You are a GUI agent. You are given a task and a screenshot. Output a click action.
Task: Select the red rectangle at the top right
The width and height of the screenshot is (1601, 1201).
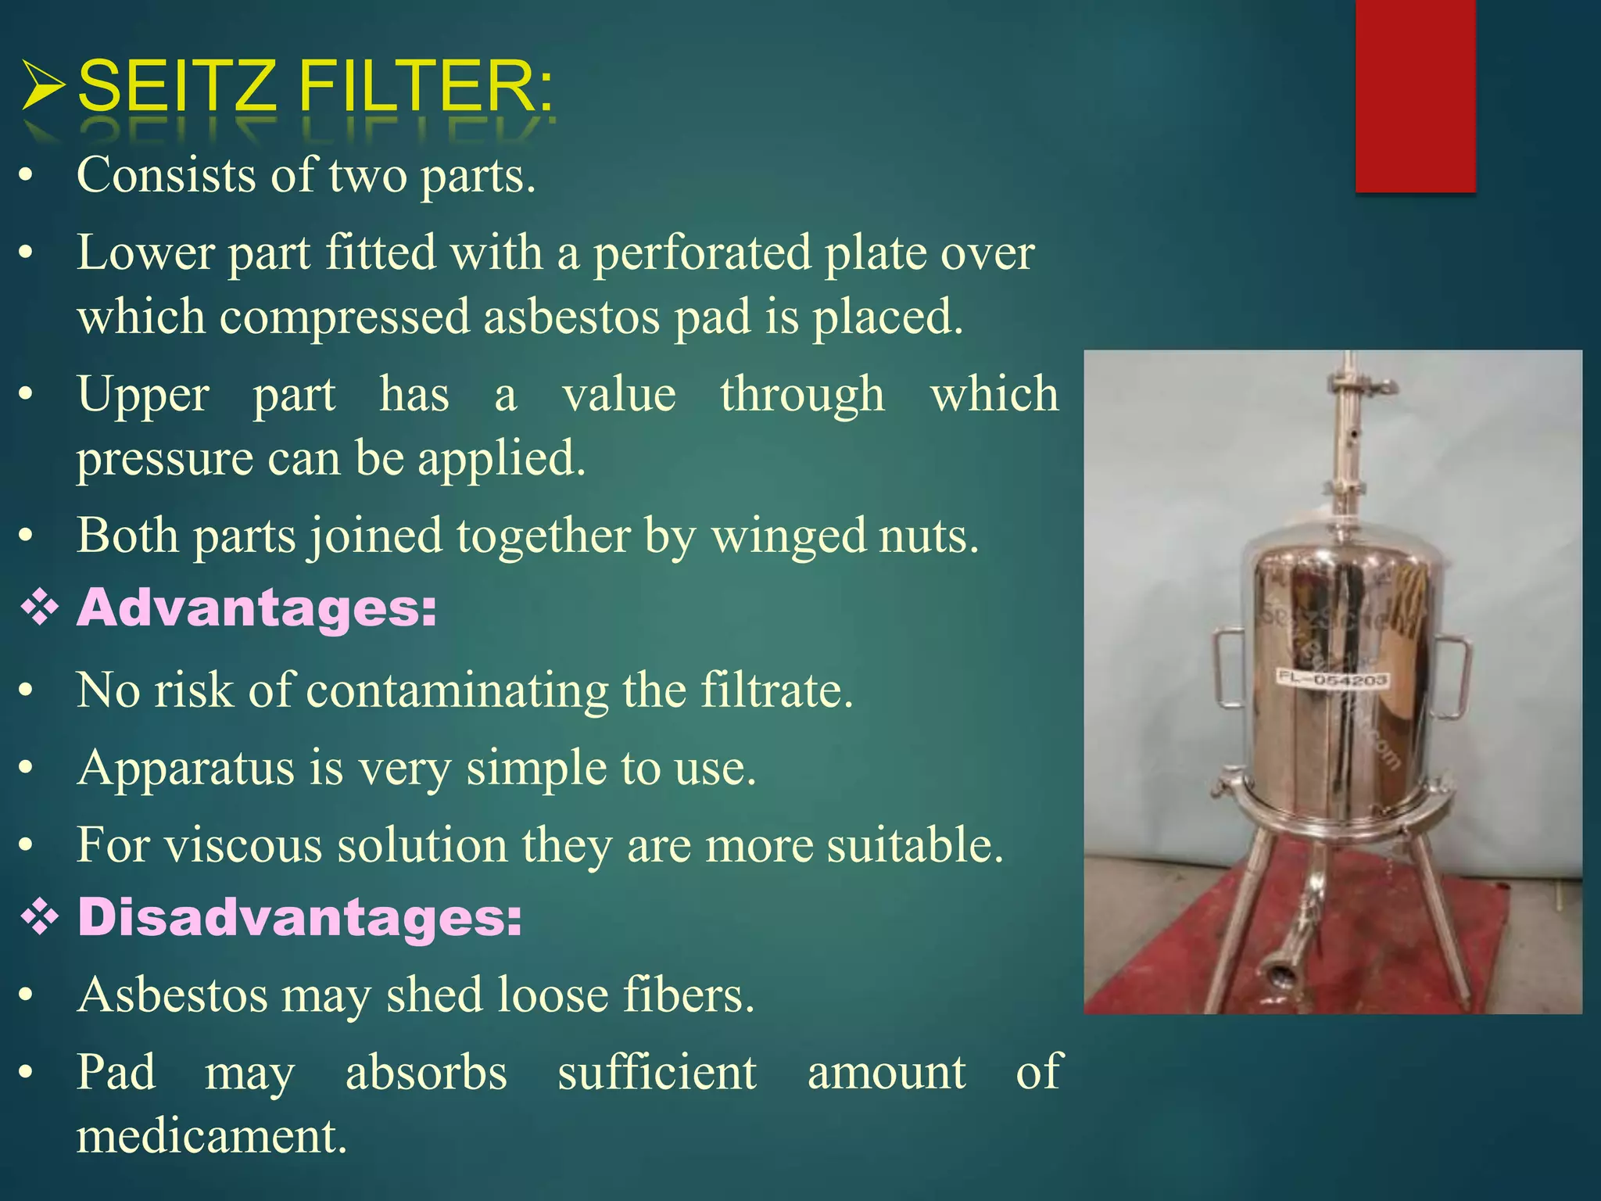tap(1415, 95)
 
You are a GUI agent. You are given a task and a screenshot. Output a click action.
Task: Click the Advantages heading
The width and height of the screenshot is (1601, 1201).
tap(256, 608)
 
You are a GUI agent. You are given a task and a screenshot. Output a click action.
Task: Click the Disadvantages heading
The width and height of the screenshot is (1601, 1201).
tap(299, 916)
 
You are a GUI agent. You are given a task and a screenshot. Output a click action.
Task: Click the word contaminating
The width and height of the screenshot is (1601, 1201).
tap(457, 690)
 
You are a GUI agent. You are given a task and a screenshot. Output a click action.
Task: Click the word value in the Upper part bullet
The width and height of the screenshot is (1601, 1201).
tap(619, 394)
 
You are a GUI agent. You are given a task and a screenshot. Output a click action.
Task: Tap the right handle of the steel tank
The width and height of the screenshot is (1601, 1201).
tap(1454, 677)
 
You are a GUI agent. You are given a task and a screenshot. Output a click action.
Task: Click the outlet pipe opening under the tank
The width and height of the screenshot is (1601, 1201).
tap(1280, 978)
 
